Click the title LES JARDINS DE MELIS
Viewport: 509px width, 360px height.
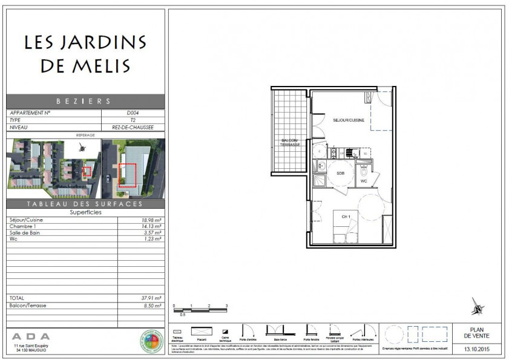click(x=85, y=53)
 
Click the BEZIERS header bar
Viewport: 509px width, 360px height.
click(x=85, y=101)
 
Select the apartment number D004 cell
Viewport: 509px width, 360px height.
click(x=132, y=113)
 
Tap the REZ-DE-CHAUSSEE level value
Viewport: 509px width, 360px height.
click(x=132, y=128)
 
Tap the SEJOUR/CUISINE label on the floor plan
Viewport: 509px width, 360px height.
click(x=349, y=121)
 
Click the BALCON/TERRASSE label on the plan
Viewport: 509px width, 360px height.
click(x=290, y=143)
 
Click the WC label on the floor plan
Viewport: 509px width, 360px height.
click(x=364, y=181)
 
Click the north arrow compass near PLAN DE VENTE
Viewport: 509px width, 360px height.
click(x=478, y=307)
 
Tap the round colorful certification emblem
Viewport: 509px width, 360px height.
click(x=151, y=342)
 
